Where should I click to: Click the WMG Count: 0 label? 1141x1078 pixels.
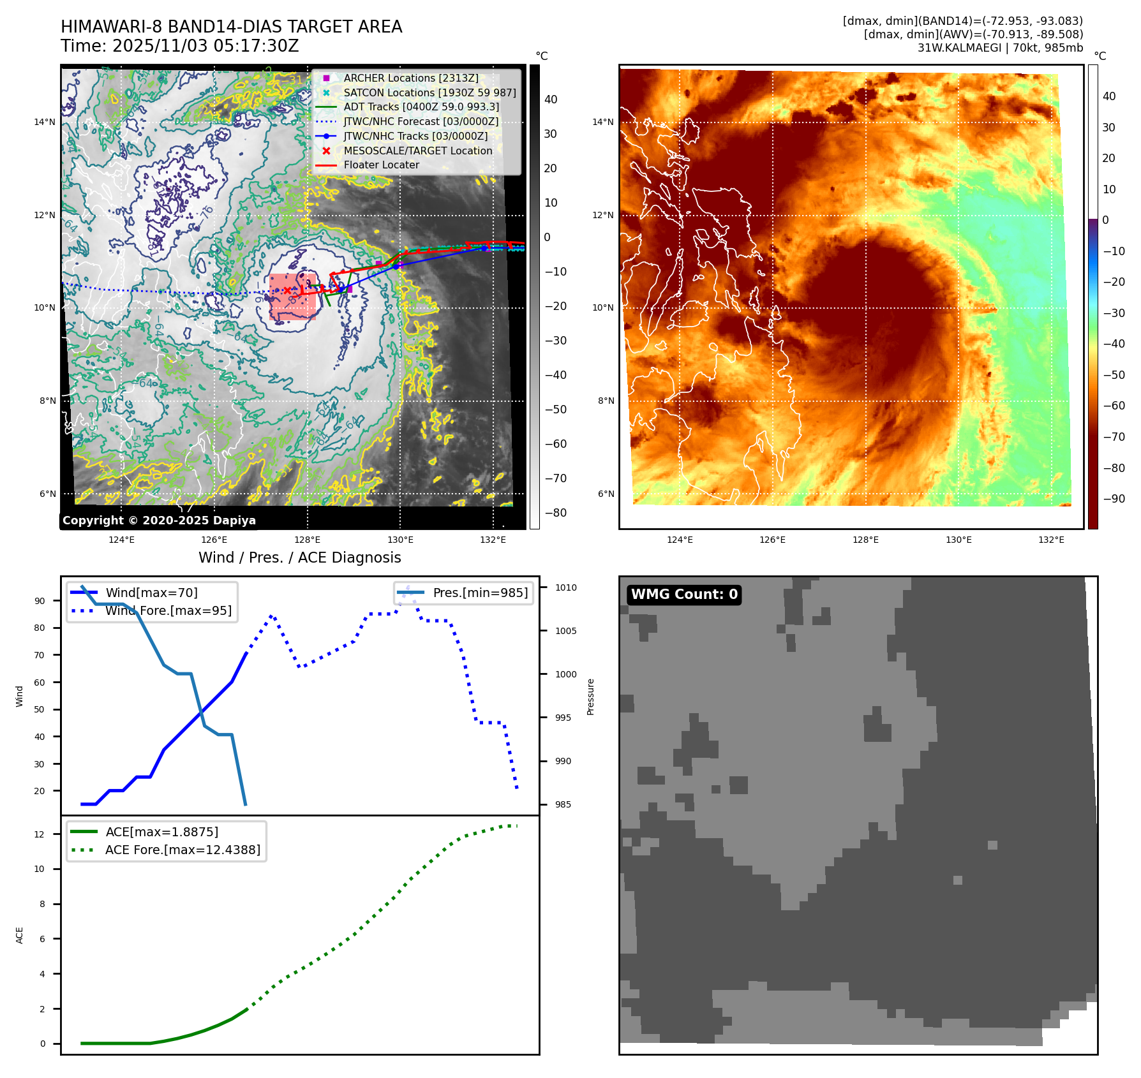683,594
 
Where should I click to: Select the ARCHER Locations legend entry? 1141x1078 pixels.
410,78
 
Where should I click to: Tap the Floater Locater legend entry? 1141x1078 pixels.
381,165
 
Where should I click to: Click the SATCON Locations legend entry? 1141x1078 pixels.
429,92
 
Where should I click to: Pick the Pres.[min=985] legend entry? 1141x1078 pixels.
480,593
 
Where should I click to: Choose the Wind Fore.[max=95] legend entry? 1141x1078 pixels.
168,610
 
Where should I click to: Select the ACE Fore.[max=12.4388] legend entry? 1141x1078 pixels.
183,850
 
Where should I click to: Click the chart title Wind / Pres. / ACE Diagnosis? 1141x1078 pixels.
299,557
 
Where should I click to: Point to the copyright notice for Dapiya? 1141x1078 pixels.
159,521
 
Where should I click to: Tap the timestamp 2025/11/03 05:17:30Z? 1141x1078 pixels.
205,47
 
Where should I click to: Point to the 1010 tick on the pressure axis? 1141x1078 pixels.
565,587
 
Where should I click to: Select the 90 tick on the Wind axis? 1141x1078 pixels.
40,601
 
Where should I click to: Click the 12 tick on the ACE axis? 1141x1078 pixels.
40,834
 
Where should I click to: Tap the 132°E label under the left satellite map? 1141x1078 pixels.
493,540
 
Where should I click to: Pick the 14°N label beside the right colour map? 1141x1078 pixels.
603,122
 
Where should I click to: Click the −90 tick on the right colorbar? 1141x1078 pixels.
1114,499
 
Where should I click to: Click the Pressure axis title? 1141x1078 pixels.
591,697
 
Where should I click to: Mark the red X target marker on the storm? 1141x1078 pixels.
287,291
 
